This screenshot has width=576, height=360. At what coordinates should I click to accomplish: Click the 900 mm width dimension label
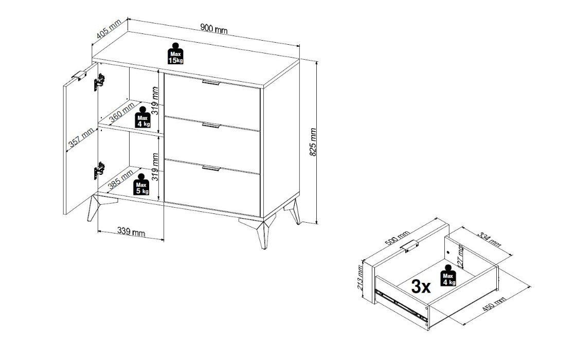click(x=214, y=28)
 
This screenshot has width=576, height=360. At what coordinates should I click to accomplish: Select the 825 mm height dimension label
click(x=313, y=142)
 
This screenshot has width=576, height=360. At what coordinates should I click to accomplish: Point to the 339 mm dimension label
click(x=131, y=231)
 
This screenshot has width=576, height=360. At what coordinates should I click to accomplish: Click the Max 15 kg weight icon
click(x=175, y=53)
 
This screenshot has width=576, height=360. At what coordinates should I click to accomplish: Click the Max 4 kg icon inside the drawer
click(x=448, y=275)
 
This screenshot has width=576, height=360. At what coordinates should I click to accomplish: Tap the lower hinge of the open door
click(x=99, y=170)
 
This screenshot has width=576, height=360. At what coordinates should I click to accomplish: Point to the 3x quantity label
click(x=421, y=286)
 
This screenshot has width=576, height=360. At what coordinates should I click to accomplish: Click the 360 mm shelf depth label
click(x=121, y=113)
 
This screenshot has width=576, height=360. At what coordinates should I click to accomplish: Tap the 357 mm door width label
click(x=81, y=138)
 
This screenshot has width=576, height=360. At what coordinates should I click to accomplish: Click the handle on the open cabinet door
click(x=79, y=75)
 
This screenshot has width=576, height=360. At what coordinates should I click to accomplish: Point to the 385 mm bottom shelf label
click(x=121, y=180)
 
